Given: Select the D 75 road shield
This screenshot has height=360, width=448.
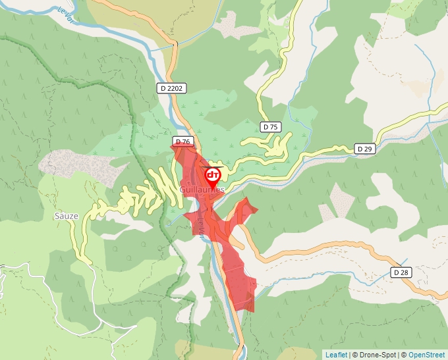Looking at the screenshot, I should [270, 126].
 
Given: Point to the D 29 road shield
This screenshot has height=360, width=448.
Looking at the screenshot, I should [365, 149].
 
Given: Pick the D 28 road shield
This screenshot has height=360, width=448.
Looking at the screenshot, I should [401, 272].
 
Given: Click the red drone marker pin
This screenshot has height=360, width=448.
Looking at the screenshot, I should [213, 176].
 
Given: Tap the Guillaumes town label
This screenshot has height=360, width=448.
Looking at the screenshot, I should [202, 190].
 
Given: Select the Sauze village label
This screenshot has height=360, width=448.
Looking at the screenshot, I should [66, 215].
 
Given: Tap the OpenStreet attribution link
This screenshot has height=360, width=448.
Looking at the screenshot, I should [426, 355].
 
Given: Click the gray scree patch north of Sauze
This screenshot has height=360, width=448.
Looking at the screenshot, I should [79, 163].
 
